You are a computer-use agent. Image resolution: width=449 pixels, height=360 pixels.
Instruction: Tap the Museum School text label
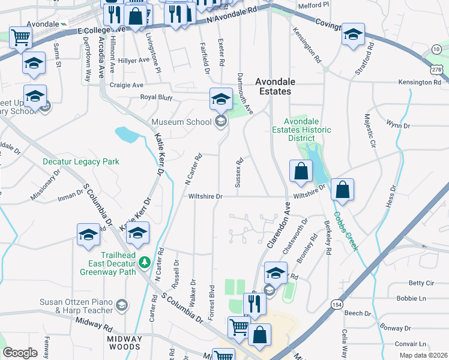(x=182, y=122)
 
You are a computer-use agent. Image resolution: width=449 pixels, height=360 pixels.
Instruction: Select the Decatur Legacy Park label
(x=80, y=161)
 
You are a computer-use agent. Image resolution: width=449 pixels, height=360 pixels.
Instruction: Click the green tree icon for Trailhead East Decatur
(x=144, y=262)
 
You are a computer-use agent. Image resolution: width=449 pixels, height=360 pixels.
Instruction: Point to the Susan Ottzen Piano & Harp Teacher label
(x=76, y=306)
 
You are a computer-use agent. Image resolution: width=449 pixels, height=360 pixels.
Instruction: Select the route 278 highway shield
(x=441, y=71)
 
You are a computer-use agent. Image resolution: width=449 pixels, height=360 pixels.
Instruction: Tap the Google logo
(x=20, y=353)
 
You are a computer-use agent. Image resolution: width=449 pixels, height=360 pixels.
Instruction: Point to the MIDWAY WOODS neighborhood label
(x=124, y=343)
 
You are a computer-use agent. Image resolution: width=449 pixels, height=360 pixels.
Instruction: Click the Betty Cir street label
(x=421, y=283)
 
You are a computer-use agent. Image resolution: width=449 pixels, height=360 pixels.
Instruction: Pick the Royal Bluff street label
(x=156, y=97)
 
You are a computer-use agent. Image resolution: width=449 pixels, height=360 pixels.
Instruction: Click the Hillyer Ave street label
(x=133, y=61)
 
